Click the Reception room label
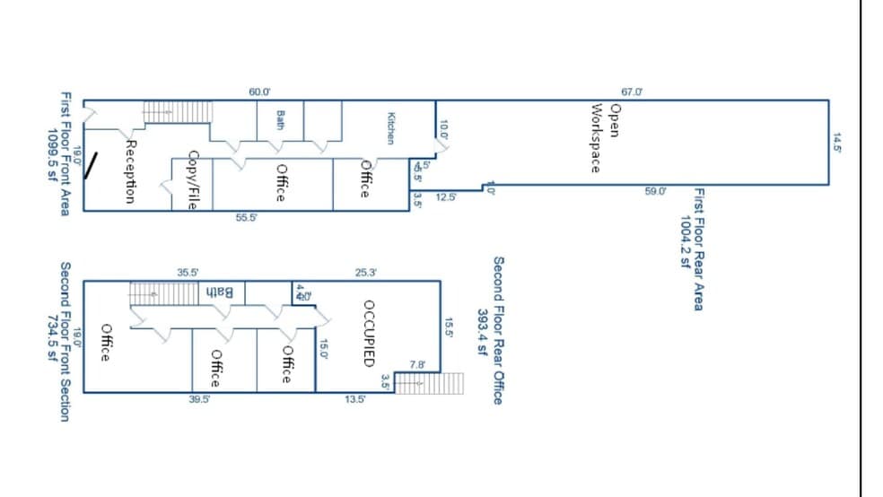click(131, 170)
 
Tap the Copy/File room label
click(192, 179)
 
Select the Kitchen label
click(390, 127)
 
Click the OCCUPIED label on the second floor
click(367, 333)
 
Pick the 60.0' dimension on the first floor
click(259, 92)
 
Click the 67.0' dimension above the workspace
click(632, 92)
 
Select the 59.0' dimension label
click(656, 191)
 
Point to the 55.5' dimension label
click(246, 218)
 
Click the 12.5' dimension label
click(445, 197)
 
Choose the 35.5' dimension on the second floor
click(188, 272)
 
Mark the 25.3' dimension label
click(366, 272)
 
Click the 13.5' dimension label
click(354, 400)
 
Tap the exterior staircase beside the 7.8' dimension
click(429, 383)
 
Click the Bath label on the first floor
click(281, 118)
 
